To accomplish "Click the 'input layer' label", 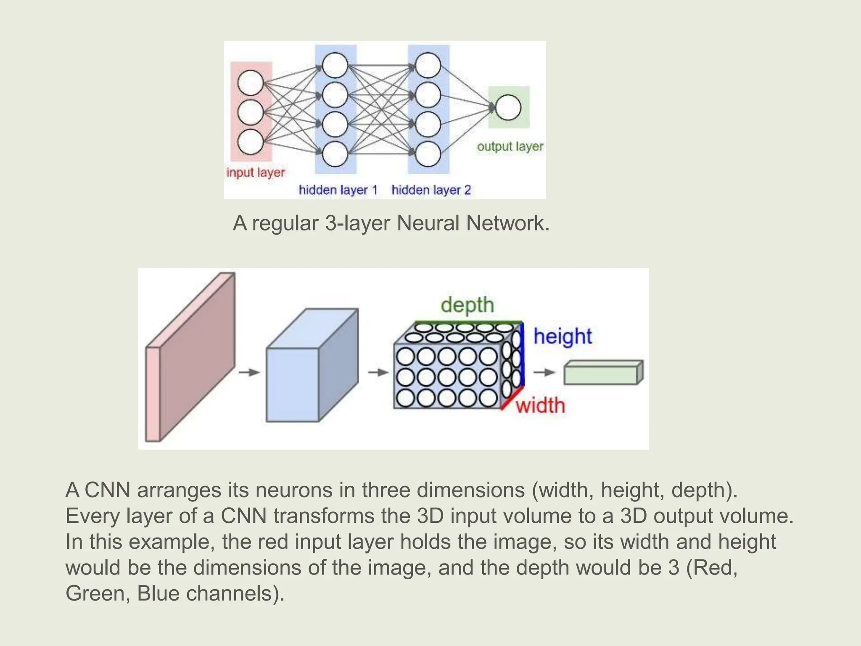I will [x=255, y=172].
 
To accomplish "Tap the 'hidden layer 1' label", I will [x=338, y=190].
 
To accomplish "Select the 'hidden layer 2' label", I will [x=431, y=190].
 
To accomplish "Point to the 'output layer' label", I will [x=510, y=146].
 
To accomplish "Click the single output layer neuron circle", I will [x=508, y=108].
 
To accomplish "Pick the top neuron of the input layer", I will [x=251, y=83].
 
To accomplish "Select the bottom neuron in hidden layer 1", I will [x=335, y=154].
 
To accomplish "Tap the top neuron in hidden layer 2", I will [x=428, y=65].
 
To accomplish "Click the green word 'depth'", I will [x=467, y=304].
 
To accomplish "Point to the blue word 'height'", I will [x=563, y=336].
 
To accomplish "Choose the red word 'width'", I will [x=540, y=405].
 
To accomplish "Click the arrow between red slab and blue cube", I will [x=249, y=372].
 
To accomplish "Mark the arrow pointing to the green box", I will [x=544, y=372].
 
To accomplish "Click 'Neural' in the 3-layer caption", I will [x=428, y=223].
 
